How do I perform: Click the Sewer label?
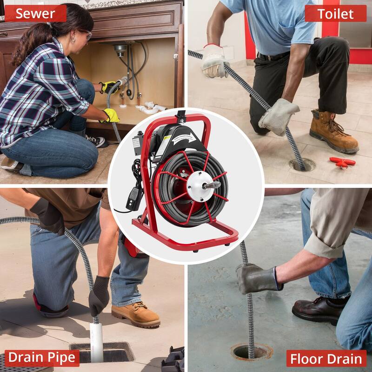[x=35, y=13]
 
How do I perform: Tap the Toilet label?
[x=335, y=13]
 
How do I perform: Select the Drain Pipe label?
[x=41, y=357]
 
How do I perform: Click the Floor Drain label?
[x=326, y=359]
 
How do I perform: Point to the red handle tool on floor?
[x=342, y=162]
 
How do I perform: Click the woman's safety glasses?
[x=85, y=33]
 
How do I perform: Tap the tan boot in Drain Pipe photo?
[x=134, y=314]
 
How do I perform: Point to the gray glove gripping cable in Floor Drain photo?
[x=258, y=279]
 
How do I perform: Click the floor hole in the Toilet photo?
[x=301, y=164]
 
